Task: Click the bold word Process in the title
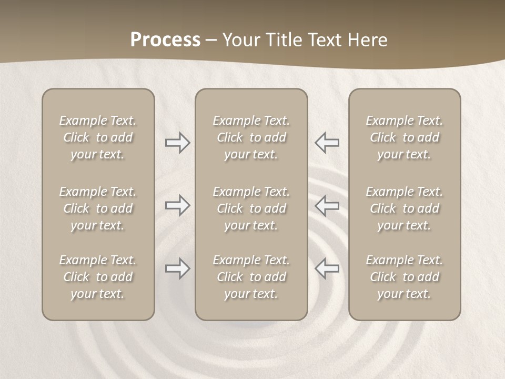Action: (165, 40)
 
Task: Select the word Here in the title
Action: (368, 40)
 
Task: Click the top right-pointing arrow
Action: (177, 143)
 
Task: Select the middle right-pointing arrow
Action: (177, 205)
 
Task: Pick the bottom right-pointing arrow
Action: (177, 268)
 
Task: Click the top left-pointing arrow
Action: (327, 143)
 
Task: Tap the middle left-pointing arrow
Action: (327, 205)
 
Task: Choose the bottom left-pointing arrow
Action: (327, 268)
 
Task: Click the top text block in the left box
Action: (98, 137)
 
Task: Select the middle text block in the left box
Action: (98, 208)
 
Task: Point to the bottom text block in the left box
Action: (98, 277)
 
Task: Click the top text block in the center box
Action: (251, 137)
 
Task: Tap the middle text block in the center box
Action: (251, 208)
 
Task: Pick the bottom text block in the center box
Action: (251, 277)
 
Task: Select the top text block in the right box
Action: (404, 137)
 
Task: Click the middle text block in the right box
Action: (404, 208)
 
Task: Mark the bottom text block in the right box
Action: (404, 277)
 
